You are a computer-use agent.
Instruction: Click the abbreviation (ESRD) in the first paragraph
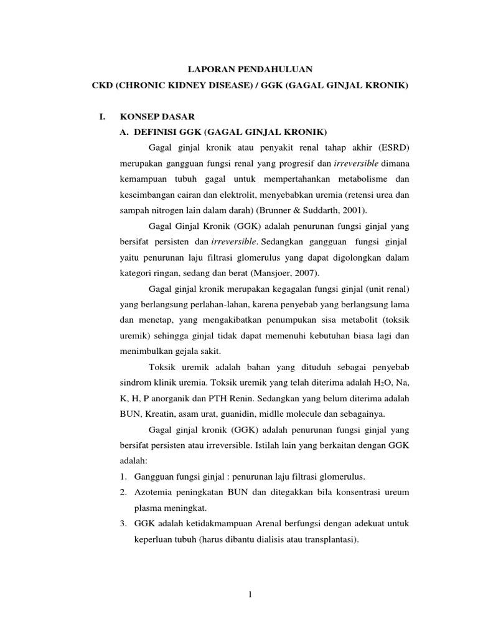393,147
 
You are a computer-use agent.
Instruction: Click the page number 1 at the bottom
250,595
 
